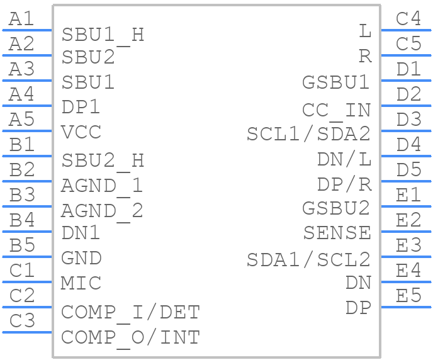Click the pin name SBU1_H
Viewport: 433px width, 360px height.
pyautogui.click(x=103, y=36)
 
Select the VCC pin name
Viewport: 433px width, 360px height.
pyautogui.click(x=81, y=132)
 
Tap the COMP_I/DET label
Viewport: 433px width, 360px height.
pyautogui.click(x=130, y=313)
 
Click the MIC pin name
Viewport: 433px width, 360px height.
pyautogui.click(x=81, y=283)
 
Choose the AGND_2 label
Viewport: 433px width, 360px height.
pyautogui.click(x=102, y=212)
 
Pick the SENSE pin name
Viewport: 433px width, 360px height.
pyautogui.click(x=337, y=233)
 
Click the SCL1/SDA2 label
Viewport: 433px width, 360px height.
pyautogui.click(x=308, y=134)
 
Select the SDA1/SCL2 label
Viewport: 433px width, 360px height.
pyautogui.click(x=308, y=260)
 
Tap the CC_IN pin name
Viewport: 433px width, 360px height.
pyautogui.click(x=336, y=111)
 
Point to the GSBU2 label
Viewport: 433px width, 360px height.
pyautogui.click(x=336, y=208)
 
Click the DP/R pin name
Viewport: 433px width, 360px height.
pyautogui.click(x=344, y=184)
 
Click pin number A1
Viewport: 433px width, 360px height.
pyautogui.click(x=21, y=19)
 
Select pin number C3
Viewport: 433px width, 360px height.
pyautogui.click(x=22, y=320)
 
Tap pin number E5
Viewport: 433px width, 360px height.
pyautogui.click(x=408, y=295)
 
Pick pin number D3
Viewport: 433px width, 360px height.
pyautogui.click(x=409, y=119)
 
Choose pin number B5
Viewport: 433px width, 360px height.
pyautogui.click(x=22, y=245)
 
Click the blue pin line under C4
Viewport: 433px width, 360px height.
pyautogui.click(x=406, y=30)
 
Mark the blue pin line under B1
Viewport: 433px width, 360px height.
pyautogui.click(x=27, y=156)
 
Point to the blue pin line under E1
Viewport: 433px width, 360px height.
pyautogui.click(x=406, y=206)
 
